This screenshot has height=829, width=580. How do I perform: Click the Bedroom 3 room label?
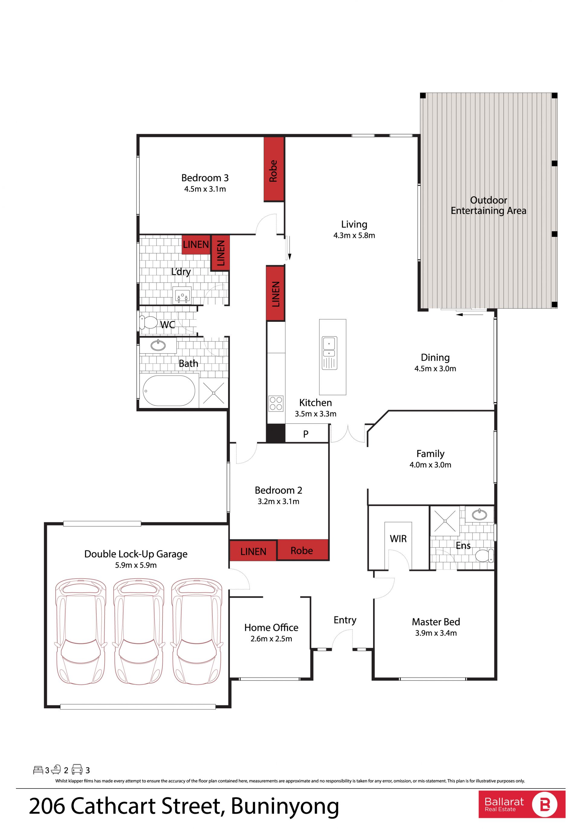click(205, 178)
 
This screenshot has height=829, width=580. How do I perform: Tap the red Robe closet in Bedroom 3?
click(274, 169)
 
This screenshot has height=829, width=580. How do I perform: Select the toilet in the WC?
click(148, 322)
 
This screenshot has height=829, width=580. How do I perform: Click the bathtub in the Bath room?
click(169, 390)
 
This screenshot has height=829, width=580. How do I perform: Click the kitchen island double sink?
click(329, 353)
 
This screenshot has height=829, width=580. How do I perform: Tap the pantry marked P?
click(307, 434)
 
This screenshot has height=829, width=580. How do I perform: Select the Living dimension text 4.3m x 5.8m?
click(354, 235)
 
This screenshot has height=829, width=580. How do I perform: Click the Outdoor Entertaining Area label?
click(488, 205)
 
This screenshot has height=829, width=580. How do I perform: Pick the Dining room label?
click(435, 357)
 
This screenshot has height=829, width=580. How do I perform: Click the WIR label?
click(398, 538)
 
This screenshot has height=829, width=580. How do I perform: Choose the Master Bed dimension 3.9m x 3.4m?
click(436, 633)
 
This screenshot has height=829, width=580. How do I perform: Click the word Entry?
click(345, 620)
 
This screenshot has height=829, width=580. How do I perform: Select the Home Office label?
click(271, 628)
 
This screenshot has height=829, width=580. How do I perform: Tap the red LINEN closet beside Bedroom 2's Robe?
click(253, 551)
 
